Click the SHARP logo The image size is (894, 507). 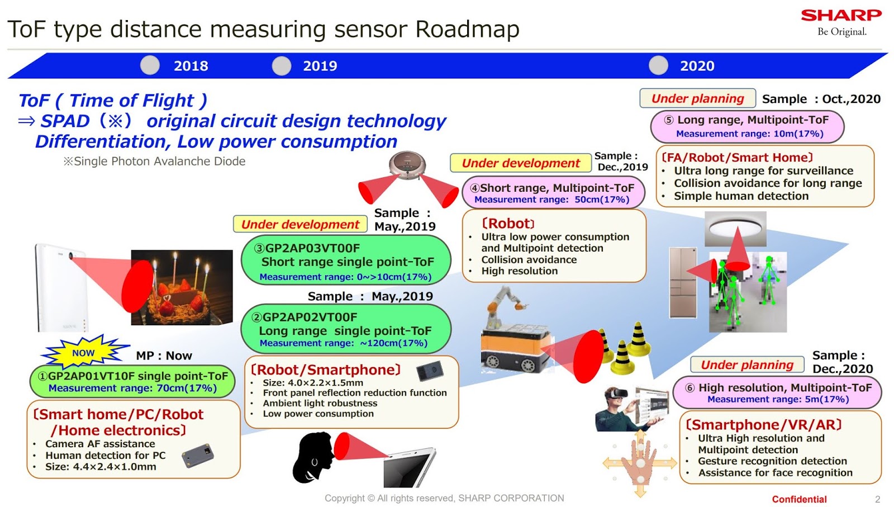point(841,16)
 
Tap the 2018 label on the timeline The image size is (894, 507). point(191,66)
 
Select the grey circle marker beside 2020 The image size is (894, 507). point(658,65)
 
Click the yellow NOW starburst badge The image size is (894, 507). point(84,353)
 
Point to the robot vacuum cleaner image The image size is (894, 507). point(407,166)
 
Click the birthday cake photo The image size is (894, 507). point(182,287)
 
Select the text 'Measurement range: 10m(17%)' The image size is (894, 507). point(749,134)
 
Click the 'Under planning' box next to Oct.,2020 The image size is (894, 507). point(697,98)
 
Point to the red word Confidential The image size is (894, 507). point(799,499)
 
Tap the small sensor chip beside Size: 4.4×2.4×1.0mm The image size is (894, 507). point(198,456)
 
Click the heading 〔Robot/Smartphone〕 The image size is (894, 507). point(326,370)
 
